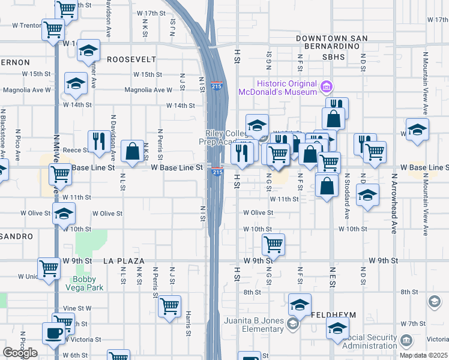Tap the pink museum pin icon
327,88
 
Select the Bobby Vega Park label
88,283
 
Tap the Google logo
20,353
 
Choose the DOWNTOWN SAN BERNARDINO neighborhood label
331,43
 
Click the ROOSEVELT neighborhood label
131,59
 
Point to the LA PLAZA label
124,261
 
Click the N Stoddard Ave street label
347,196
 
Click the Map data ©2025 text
423,355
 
